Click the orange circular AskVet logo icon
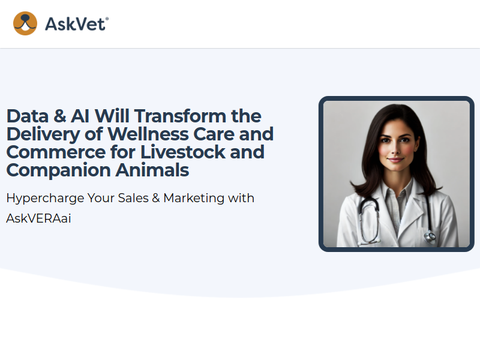pos(25,23)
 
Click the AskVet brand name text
pos(77,24)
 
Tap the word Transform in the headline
pos(181,116)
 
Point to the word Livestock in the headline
pos(183,152)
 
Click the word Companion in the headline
pos(58,171)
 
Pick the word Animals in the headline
pos(152,170)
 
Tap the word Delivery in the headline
pos(43,135)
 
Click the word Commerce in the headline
pos(56,152)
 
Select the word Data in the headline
pos(28,116)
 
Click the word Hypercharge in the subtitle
pos(45,199)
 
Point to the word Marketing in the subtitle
pos(194,199)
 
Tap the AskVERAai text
pos(38,218)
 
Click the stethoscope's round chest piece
pos(430,236)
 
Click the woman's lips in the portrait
pos(395,160)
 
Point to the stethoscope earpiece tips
pos(370,241)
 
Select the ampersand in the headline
pos(59,116)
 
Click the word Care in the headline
pos(214,134)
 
